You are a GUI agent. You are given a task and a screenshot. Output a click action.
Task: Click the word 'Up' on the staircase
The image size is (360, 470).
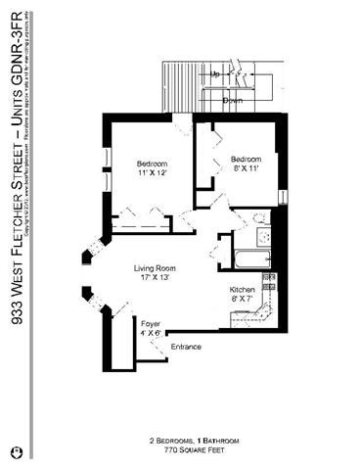[x=214, y=74]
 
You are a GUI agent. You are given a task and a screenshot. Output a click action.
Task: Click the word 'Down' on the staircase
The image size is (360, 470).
[x=233, y=100]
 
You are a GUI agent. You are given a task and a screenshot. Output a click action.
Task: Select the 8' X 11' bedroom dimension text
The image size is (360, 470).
[x=246, y=168]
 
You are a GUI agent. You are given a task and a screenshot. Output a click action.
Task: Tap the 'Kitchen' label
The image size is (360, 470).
[x=243, y=291]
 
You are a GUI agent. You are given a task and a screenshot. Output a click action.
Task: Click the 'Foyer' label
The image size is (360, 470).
[x=151, y=322]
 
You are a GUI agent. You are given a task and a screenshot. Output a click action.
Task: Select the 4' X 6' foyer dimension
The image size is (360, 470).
[x=151, y=332]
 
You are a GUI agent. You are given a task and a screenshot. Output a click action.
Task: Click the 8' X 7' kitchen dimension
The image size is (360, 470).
[x=243, y=301]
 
